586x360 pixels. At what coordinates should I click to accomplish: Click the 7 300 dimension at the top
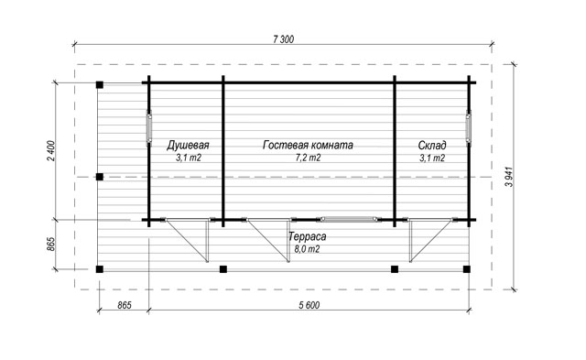(284, 38)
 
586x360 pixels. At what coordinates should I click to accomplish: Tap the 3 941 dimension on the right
(509, 177)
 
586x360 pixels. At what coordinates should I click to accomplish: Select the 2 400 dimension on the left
(51, 150)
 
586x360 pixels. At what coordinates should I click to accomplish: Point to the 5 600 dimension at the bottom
(309, 305)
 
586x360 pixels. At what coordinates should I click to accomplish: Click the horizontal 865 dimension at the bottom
(125, 305)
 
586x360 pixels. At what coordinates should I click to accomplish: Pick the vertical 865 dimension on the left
(51, 244)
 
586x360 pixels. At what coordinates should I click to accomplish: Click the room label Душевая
(188, 145)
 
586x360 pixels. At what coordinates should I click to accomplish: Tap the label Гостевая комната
(308, 145)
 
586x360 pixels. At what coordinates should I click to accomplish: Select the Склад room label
(432, 145)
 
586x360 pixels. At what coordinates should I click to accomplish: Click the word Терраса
(308, 236)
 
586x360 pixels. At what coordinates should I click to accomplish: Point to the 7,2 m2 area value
(308, 158)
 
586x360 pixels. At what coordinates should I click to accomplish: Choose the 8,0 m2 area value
(308, 249)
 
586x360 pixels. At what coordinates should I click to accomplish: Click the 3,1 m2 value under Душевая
(189, 158)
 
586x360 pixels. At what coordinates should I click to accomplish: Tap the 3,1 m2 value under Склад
(432, 158)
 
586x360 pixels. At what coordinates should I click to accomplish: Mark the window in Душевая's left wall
(148, 127)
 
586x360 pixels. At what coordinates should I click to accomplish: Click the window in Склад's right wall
(469, 127)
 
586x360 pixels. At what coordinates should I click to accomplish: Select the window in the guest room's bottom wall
(349, 220)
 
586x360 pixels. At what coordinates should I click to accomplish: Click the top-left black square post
(100, 85)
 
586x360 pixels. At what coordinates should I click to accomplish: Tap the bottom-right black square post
(466, 269)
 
